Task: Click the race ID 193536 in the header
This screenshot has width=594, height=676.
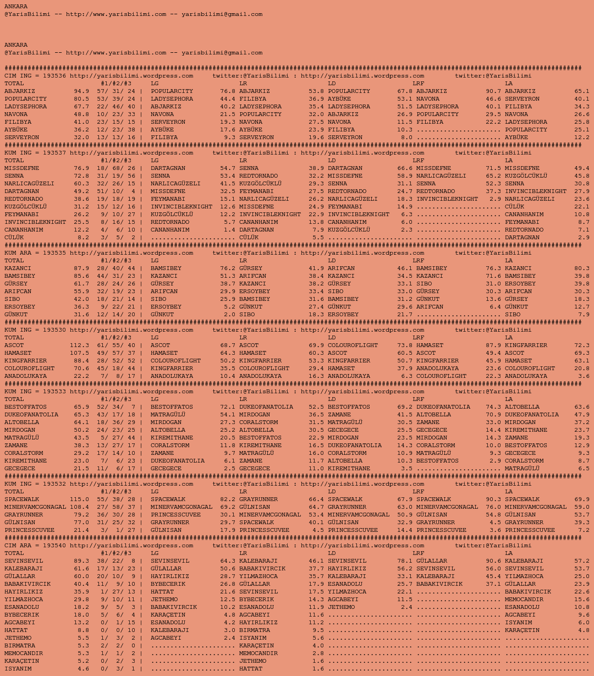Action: (54, 76)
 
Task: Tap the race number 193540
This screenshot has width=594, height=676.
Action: (54, 546)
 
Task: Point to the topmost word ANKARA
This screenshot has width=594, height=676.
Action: (16, 7)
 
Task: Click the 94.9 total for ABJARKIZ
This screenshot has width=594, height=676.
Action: (81, 91)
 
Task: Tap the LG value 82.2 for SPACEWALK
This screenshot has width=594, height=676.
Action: (228, 499)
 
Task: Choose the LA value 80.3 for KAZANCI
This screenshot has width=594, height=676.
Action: (582, 268)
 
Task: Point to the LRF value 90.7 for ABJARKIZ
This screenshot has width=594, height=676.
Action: (493, 91)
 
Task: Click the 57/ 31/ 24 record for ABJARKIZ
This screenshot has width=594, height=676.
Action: (116, 91)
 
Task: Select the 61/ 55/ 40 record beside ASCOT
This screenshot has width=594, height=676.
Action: (116, 345)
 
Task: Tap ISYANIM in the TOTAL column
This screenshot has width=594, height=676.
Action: (18, 669)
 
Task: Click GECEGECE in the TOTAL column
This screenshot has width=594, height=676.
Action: (20, 469)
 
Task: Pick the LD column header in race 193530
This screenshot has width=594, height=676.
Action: (332, 338)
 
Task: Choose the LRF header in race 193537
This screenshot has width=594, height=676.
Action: (419, 161)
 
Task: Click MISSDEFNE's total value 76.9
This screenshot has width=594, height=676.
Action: (81, 168)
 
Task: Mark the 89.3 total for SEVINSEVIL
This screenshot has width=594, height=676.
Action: (81, 561)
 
